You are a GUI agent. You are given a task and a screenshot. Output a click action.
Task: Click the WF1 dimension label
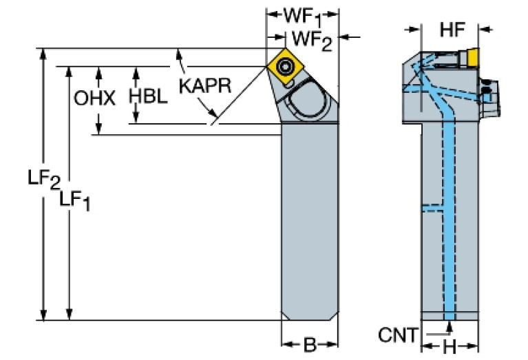tap(302, 16)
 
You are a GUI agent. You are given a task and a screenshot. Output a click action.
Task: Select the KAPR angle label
tap(204, 86)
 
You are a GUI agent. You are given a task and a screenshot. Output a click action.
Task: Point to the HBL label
tap(148, 96)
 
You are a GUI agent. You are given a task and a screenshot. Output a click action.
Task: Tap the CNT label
tap(397, 335)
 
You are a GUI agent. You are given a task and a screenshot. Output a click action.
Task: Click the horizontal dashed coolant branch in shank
tap(433, 207)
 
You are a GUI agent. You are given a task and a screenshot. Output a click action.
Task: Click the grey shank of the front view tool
tap(310, 220)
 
